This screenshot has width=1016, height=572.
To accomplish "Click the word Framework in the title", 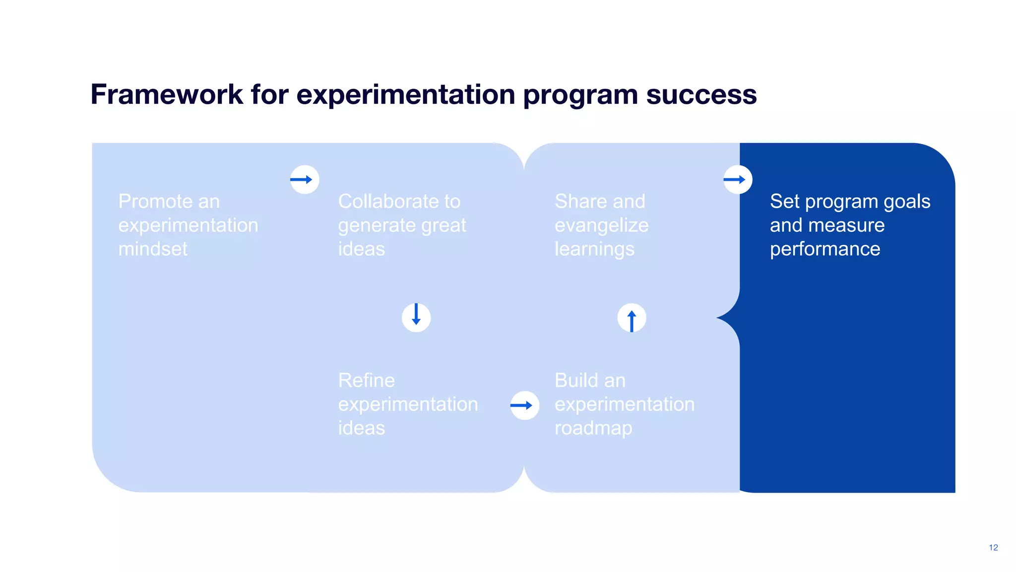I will (x=167, y=94).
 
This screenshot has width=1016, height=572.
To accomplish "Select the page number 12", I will (x=993, y=547).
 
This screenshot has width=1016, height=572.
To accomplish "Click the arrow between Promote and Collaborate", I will (x=304, y=179).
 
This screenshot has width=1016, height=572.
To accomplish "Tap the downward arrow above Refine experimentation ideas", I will (x=416, y=317).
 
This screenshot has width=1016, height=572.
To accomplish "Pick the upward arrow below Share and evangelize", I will (x=632, y=318).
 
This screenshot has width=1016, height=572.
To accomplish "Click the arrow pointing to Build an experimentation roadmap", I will (x=524, y=405).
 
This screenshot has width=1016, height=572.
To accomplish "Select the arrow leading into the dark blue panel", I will (x=737, y=179).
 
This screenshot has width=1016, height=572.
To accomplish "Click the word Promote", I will (x=155, y=202).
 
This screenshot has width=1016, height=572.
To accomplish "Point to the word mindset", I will (x=153, y=249).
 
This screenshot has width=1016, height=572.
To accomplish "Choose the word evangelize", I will (x=601, y=225).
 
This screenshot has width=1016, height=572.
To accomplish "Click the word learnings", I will (x=594, y=249).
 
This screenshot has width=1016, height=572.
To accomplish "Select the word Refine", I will (x=366, y=380).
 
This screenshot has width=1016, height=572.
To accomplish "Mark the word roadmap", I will (x=593, y=428).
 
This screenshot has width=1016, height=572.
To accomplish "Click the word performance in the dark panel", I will (x=825, y=249).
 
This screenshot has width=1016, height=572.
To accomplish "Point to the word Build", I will (x=576, y=380).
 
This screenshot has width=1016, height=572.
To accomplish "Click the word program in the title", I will (x=580, y=95).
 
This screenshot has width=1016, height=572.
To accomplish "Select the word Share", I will (x=578, y=202).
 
